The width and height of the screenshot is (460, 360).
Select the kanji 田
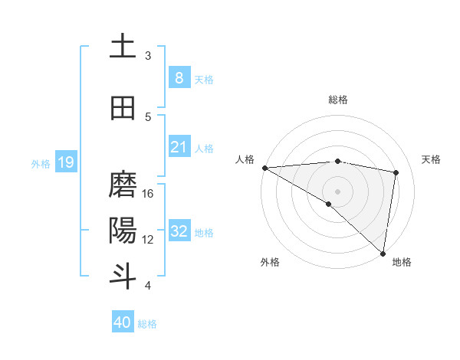click(x=123, y=108)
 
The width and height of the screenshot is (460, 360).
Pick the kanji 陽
click(x=123, y=231)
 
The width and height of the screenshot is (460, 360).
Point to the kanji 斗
click(x=123, y=276)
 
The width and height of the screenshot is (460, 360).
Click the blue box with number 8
click(x=179, y=77)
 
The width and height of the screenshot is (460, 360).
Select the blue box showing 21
click(x=179, y=147)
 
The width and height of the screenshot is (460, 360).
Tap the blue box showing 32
click(x=179, y=232)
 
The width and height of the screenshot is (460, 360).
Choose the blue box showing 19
click(x=65, y=162)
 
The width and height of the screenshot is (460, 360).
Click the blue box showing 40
click(x=123, y=322)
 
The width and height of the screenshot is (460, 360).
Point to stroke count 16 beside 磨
click(x=149, y=194)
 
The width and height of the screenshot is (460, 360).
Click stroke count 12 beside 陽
click(x=149, y=239)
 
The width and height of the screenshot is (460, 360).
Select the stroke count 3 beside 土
click(x=148, y=56)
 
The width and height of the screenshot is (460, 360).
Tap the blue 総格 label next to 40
click(x=147, y=324)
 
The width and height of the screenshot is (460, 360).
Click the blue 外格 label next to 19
click(x=41, y=163)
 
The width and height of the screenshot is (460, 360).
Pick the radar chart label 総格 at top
click(x=337, y=100)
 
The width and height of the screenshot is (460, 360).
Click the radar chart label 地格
click(x=402, y=262)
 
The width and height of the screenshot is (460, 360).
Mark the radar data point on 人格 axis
click(x=264, y=168)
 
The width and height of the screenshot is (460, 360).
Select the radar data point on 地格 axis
click(x=383, y=253)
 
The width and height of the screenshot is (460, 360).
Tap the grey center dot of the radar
click(x=337, y=190)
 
